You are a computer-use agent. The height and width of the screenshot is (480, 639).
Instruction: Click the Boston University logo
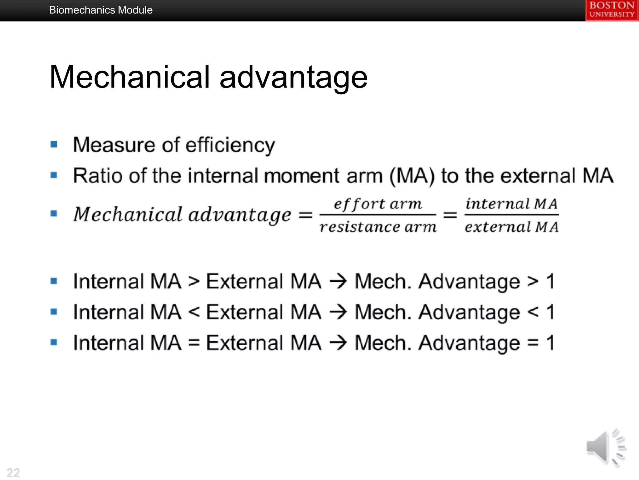tap(612, 10)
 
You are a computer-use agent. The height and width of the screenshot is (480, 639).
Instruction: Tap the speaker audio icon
tap(605, 447)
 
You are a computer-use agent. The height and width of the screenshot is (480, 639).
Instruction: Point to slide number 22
tap(13, 472)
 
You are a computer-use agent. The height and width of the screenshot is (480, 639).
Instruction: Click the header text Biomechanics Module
tap(101, 10)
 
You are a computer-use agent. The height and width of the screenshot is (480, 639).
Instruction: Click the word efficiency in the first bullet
tap(230, 145)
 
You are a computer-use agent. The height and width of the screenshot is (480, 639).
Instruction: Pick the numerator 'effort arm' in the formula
tap(378, 204)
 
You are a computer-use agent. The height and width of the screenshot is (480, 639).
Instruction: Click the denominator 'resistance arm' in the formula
tap(378, 227)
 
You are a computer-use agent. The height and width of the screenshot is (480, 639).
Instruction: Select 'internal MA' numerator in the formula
tap(511, 204)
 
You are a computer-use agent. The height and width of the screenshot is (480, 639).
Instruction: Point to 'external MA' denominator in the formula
tap(511, 227)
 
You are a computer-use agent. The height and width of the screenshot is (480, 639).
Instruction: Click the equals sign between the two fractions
tap(450, 215)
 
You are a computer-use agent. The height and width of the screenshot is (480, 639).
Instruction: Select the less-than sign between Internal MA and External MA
tap(194, 312)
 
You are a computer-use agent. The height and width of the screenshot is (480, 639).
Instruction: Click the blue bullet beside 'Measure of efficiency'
tap(54, 144)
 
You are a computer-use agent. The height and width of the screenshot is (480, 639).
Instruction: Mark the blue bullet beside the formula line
tap(54, 213)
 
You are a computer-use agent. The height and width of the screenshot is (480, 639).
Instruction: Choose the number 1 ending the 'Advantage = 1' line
tap(551, 343)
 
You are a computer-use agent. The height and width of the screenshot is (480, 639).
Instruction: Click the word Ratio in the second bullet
tap(98, 176)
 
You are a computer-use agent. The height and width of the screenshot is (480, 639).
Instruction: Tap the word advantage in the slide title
tap(293, 77)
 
